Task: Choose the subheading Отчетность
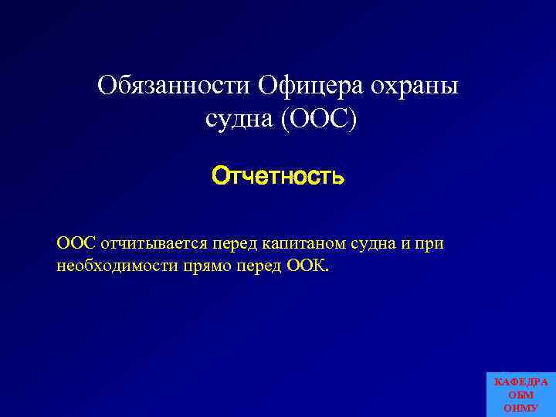(x=278, y=177)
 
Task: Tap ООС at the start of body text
(x=76, y=243)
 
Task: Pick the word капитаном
(x=301, y=243)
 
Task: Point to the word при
(x=431, y=243)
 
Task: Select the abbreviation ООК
(x=310, y=266)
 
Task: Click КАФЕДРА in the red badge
(x=521, y=382)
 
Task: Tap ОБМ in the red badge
(x=521, y=395)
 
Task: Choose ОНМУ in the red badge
(x=521, y=408)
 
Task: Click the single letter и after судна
(x=405, y=243)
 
